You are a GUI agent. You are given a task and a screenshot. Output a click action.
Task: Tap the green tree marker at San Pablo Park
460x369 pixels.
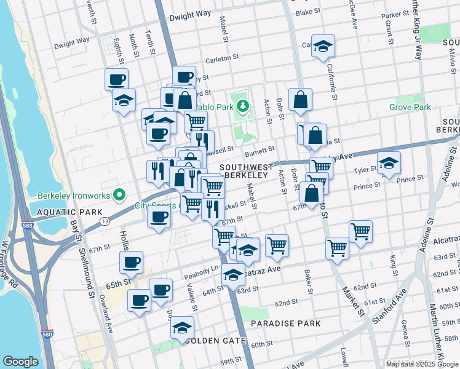pos(243,106)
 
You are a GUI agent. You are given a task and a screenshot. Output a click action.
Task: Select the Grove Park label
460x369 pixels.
pos(410,107)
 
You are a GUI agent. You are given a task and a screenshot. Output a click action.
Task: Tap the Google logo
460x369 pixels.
pos(20,362)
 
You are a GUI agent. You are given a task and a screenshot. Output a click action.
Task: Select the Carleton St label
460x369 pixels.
pos(222,57)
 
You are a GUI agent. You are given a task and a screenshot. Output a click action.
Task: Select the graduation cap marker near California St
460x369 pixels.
pos(323,46)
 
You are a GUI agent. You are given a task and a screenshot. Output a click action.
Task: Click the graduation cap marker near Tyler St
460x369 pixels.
pos(389,163)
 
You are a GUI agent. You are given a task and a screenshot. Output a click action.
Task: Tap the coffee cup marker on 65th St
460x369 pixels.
pos(131,263)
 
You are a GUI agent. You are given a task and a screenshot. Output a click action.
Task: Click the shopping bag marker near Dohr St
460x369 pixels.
pos(300,100)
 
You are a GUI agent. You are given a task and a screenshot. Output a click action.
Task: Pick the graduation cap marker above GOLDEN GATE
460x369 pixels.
pos(183,327)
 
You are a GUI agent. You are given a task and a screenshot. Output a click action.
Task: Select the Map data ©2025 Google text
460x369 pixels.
pos(422,364)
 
